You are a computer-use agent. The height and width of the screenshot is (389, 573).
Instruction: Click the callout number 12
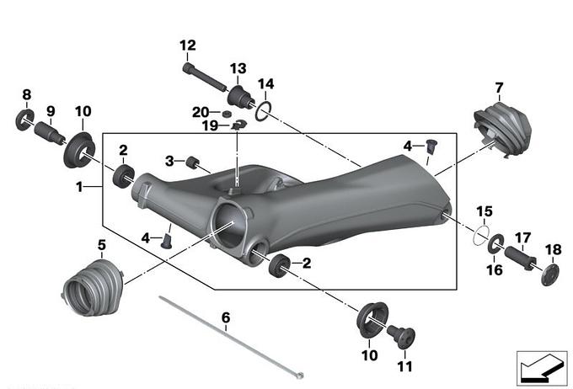(x=187, y=45)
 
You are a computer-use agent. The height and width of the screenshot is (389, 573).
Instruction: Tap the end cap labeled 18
(x=552, y=274)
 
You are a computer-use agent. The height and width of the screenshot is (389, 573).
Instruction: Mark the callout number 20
(x=200, y=112)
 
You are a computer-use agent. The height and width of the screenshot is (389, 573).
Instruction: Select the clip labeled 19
(x=238, y=126)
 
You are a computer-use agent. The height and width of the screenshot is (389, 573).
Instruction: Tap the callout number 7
(x=499, y=87)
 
